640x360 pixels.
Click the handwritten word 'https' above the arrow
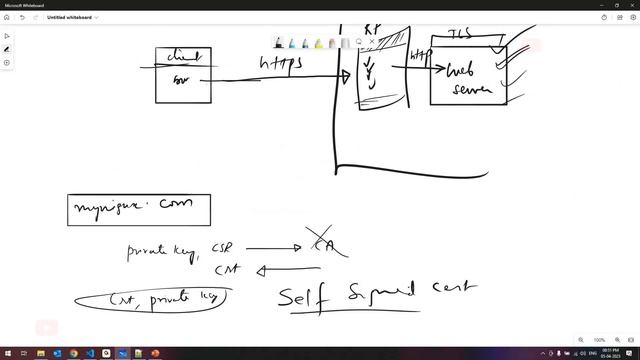click(x=281, y=64)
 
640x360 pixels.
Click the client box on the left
click(x=181, y=75)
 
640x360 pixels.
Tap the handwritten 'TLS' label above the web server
click(x=462, y=34)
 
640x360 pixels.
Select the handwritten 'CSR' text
click(x=222, y=247)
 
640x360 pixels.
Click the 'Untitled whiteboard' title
click(x=72, y=17)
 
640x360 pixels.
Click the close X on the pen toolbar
click(x=372, y=43)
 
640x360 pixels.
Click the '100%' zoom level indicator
click(x=599, y=340)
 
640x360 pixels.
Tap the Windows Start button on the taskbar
click(x=8, y=354)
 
